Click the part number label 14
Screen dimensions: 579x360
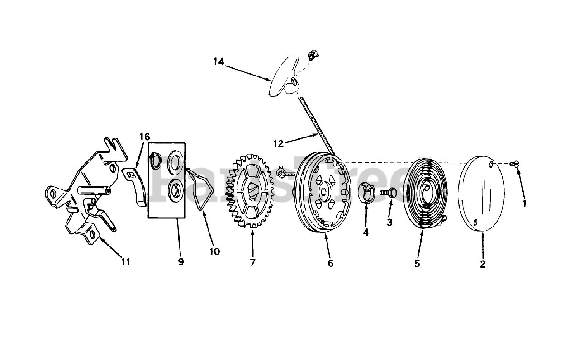click(x=219, y=62)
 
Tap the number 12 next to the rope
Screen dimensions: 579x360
click(x=279, y=143)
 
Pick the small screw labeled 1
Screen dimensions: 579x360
click(x=514, y=164)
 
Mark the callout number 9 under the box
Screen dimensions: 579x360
click(x=181, y=261)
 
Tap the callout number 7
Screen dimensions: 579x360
click(x=252, y=262)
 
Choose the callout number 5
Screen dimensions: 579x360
click(x=417, y=263)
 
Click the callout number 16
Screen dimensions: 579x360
click(x=144, y=137)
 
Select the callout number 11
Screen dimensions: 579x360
click(x=125, y=261)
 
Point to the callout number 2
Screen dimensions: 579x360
click(x=483, y=264)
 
